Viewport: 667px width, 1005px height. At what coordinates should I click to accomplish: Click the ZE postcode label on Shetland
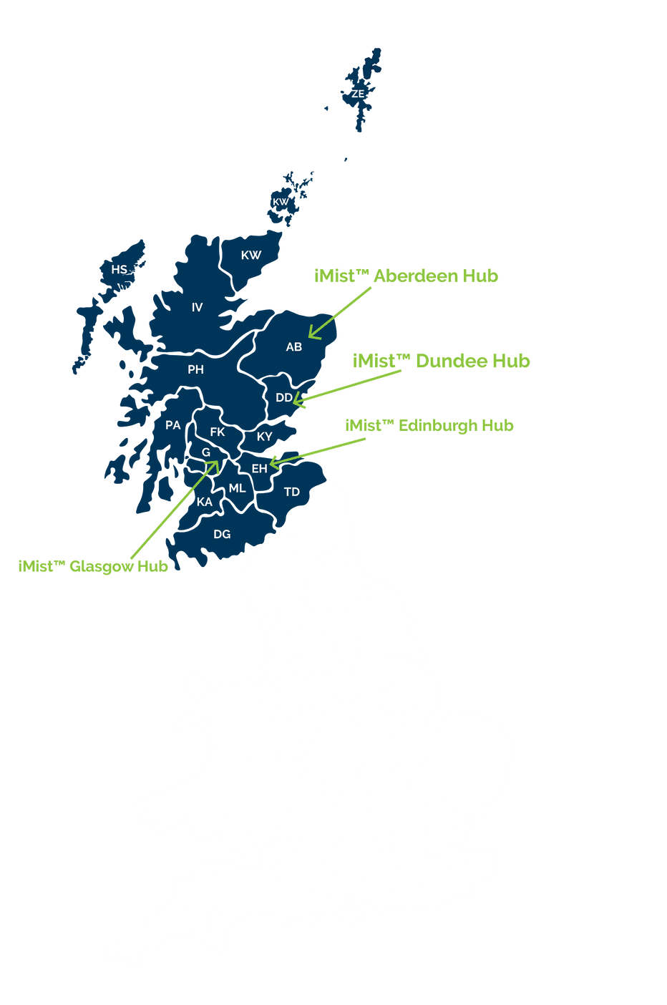pyautogui.click(x=358, y=94)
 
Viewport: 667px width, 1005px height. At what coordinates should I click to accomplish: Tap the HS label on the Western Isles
pyautogui.click(x=120, y=270)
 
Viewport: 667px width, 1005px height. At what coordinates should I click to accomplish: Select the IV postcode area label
pyautogui.click(x=197, y=308)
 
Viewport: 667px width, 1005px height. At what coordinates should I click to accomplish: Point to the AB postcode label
pyautogui.click(x=294, y=347)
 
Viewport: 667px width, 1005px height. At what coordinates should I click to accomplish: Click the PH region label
pyautogui.click(x=195, y=370)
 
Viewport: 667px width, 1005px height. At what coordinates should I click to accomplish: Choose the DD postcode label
pyautogui.click(x=283, y=398)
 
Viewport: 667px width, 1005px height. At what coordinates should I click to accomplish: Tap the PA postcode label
pyautogui.click(x=173, y=426)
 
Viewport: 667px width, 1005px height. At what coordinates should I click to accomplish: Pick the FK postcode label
pyautogui.click(x=218, y=432)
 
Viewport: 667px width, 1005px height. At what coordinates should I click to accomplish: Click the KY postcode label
pyautogui.click(x=265, y=437)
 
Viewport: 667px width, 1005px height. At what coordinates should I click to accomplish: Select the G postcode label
pyautogui.click(x=206, y=452)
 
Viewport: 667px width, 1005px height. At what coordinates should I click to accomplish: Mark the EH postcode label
pyautogui.click(x=259, y=468)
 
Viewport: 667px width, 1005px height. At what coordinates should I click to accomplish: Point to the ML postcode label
pyautogui.click(x=238, y=488)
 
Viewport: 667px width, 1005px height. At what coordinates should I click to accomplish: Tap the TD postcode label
pyautogui.click(x=292, y=492)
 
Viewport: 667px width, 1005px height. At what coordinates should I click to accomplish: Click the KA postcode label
pyautogui.click(x=205, y=502)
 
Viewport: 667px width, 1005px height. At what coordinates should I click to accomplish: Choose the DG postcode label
pyautogui.click(x=222, y=534)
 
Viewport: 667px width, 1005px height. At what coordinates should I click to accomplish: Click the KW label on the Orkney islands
pyautogui.click(x=281, y=202)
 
